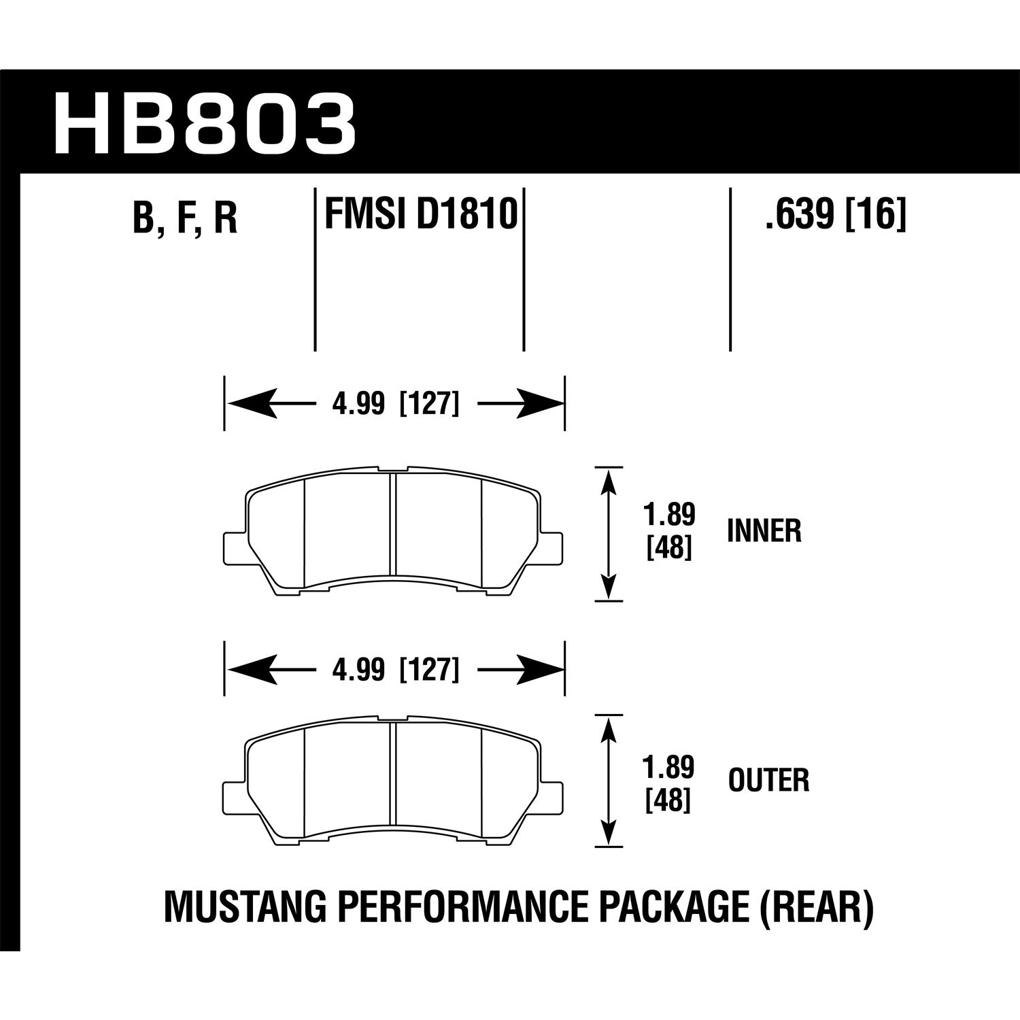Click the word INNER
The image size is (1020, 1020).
(764, 531)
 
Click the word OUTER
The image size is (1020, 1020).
(768, 781)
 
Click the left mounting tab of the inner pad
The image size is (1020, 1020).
(233, 546)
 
